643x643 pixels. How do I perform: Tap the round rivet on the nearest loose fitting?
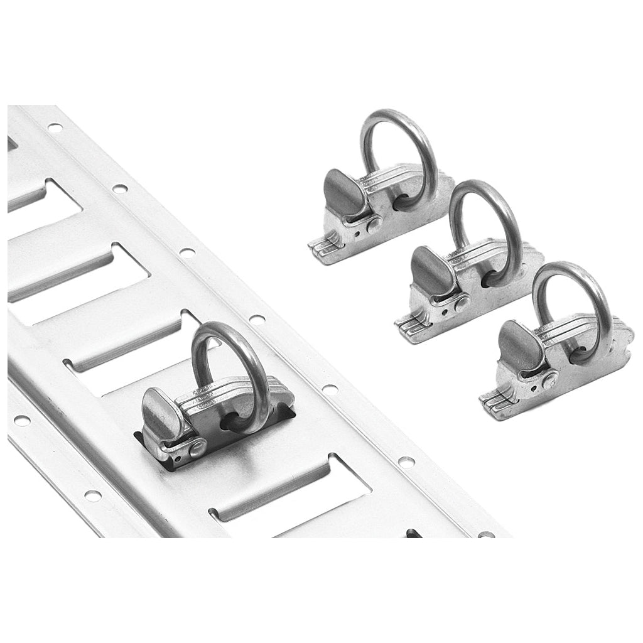pyautogui.click(x=551, y=378)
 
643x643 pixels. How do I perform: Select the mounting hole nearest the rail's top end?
pyautogui.click(x=55, y=127)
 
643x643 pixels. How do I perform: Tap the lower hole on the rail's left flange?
pyautogui.click(x=93, y=495)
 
